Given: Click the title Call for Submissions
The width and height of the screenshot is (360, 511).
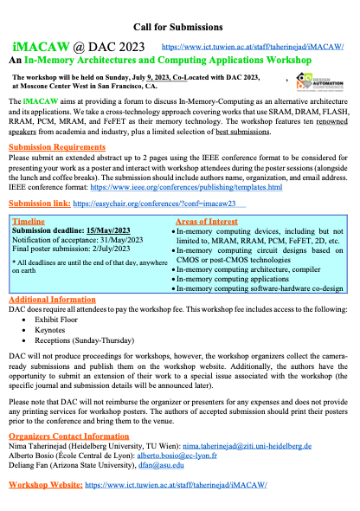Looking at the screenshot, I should click(179, 23).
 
